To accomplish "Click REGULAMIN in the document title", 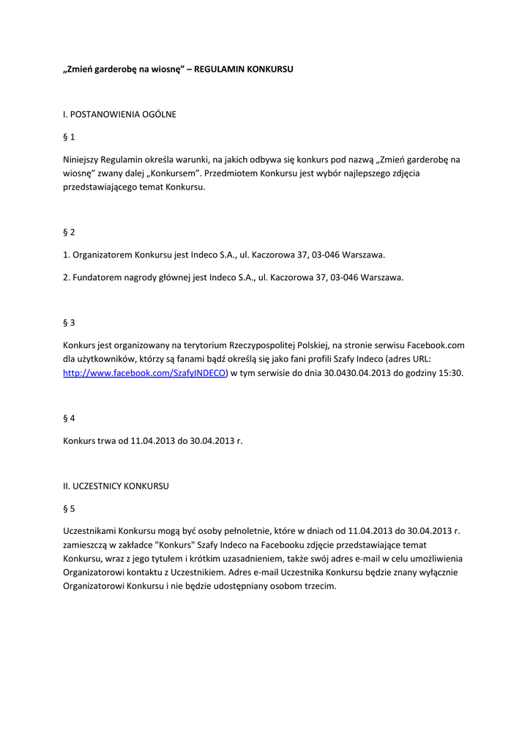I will (x=222, y=69).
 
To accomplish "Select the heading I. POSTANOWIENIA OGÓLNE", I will (x=119, y=114).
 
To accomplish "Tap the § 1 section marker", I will (x=69, y=137).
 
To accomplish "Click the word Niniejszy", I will (x=83, y=159).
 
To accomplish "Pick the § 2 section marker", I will (x=69, y=233).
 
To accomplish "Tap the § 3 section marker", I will (x=69, y=323).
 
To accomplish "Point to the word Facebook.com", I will (x=436, y=345).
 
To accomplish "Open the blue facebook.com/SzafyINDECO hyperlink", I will (x=145, y=373).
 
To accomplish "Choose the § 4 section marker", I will (x=69, y=418).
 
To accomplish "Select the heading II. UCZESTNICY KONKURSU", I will (x=116, y=486).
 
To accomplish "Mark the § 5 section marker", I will (x=69, y=508).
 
